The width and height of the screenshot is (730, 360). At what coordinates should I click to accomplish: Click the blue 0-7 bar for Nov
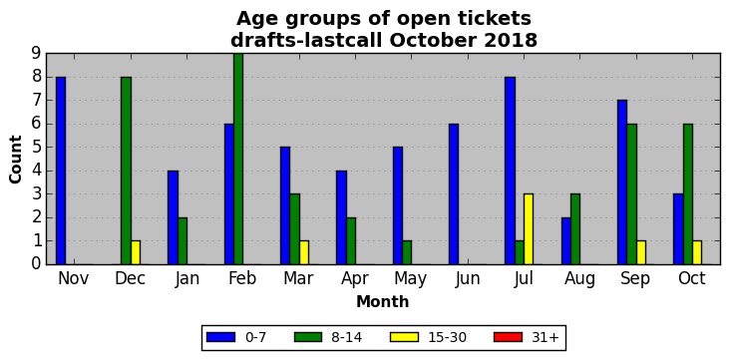(x=61, y=171)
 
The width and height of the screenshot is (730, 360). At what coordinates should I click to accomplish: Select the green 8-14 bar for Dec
(x=127, y=171)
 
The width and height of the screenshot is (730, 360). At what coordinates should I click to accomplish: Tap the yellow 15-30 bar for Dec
(x=136, y=252)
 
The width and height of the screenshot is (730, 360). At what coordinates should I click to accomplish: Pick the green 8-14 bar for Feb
(x=238, y=159)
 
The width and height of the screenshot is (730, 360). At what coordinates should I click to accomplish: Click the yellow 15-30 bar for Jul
(x=529, y=229)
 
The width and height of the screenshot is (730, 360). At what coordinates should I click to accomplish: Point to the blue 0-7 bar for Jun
(x=454, y=194)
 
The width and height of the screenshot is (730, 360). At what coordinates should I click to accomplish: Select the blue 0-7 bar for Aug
(x=565, y=240)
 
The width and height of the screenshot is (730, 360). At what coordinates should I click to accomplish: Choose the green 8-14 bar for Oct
(x=688, y=194)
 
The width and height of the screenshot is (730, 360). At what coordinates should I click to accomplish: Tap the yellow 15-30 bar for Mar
(x=304, y=252)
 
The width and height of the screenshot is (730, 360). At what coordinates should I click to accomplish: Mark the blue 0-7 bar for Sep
(x=622, y=182)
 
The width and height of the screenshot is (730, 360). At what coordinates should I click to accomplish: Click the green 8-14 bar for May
(x=407, y=252)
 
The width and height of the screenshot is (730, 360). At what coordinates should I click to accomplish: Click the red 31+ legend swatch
(x=508, y=337)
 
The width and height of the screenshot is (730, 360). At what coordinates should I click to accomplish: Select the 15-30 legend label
(x=447, y=337)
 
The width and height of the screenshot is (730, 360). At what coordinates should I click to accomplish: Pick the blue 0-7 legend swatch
(x=221, y=337)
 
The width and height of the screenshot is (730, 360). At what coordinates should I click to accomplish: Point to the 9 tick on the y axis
(x=37, y=54)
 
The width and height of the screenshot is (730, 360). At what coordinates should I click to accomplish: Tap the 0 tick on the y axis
(x=37, y=264)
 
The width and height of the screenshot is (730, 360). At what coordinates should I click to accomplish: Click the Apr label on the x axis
(x=355, y=279)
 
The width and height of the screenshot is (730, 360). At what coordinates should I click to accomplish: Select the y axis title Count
(x=15, y=160)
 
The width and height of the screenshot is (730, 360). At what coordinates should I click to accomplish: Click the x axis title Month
(x=383, y=302)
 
